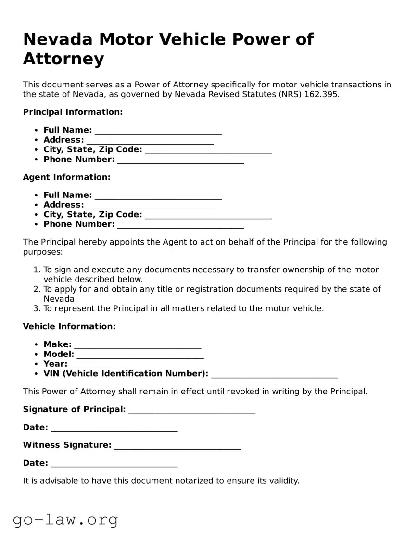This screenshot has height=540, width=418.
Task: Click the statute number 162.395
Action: [x=321, y=94]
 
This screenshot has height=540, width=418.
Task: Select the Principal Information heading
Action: [x=73, y=112]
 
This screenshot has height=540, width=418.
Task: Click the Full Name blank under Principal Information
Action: [x=158, y=131]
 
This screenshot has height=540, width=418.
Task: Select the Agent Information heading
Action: [x=66, y=177]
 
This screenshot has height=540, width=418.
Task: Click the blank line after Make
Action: [x=138, y=345]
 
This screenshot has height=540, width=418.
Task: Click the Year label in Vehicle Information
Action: [x=55, y=364]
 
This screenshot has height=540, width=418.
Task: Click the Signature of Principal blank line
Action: [x=191, y=410]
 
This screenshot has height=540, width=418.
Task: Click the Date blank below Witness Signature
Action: [x=114, y=464]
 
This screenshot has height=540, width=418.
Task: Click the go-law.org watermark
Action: [x=65, y=519]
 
